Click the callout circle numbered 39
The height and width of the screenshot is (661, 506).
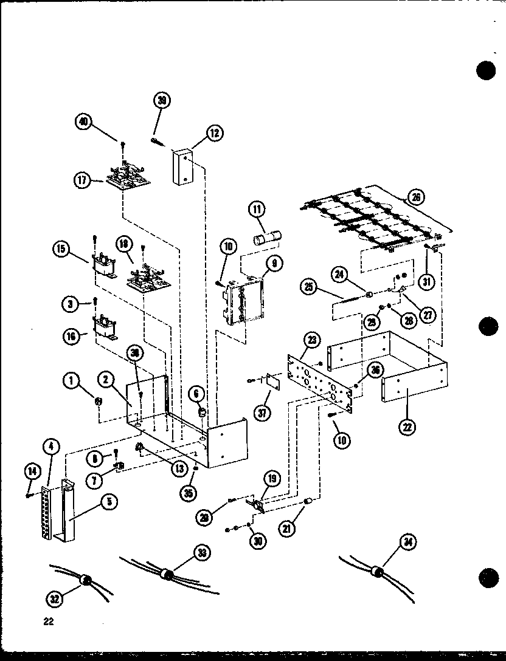pos(162,101)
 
